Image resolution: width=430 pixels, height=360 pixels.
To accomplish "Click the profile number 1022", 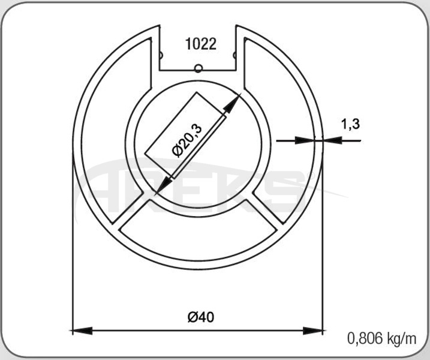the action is click(201, 44).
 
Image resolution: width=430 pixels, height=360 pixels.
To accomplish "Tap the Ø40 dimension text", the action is click(201, 317).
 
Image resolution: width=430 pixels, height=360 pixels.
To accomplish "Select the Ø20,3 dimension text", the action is click(187, 140).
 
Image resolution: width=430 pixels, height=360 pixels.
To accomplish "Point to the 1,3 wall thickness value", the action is click(350, 124).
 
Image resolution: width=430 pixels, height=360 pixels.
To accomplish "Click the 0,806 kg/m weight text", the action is click(382, 338).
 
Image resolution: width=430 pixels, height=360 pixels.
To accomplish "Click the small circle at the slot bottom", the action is click(198, 68).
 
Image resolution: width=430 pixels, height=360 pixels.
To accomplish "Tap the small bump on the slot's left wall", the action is click(161, 56).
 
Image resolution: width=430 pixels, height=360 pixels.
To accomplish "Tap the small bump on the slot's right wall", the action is click(234, 55).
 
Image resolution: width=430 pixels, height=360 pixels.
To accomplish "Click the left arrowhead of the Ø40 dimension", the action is click(82, 331).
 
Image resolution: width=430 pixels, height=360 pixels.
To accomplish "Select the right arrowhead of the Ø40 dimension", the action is click(313, 331).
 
